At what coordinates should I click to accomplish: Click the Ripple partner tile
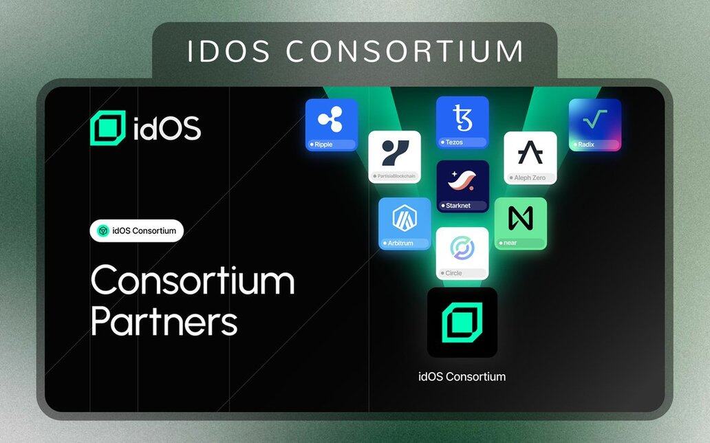[x=332, y=125]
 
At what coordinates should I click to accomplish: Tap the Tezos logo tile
[x=462, y=122]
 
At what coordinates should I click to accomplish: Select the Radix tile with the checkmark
[x=595, y=125]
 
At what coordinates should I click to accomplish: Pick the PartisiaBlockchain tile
[x=394, y=157]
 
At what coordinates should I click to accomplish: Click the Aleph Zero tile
[x=530, y=158]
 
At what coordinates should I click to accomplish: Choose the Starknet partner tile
[x=463, y=186]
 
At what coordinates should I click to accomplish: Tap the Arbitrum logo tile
[x=405, y=224]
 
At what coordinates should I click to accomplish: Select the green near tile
[x=521, y=224]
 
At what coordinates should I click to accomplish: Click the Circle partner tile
[x=462, y=254]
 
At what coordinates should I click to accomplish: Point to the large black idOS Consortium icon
[x=462, y=323]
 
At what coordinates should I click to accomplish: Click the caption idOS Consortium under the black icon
[x=462, y=376]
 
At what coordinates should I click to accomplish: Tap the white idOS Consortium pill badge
[x=137, y=230]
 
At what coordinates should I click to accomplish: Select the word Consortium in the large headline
[x=193, y=281]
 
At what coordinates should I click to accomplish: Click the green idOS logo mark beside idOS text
[x=108, y=128]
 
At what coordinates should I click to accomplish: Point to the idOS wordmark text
[x=167, y=128]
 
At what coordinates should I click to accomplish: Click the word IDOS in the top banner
[x=228, y=51]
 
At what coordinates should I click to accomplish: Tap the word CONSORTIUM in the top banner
[x=405, y=51]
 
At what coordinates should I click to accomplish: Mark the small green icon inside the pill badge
[x=103, y=230]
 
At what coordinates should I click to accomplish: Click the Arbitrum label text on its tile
[x=400, y=244]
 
